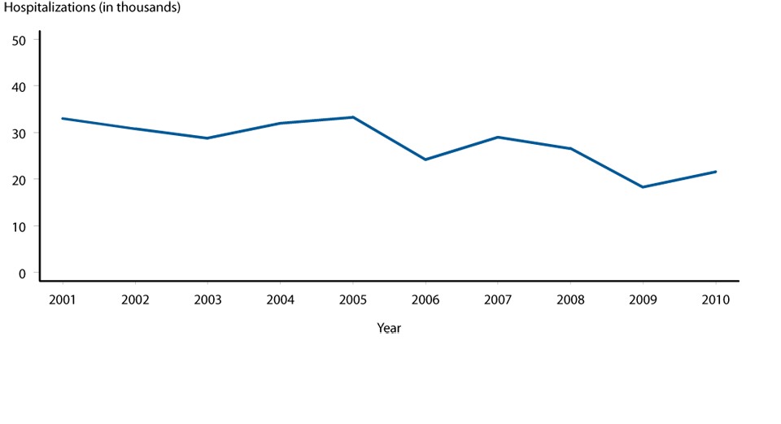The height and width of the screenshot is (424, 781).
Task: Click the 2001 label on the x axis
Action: tap(62, 299)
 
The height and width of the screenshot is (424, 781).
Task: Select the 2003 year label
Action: tap(207, 299)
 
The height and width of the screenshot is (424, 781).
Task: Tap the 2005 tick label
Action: tap(352, 299)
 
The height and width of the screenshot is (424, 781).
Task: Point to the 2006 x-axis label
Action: tap(425, 299)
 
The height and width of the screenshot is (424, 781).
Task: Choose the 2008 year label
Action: tap(570, 299)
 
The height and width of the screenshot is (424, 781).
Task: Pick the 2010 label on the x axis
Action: tap(716, 299)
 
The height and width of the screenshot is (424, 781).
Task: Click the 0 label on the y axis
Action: tap(23, 273)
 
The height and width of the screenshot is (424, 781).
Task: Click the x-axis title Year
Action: tap(389, 328)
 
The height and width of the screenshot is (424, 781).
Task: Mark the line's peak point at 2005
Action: tap(352, 117)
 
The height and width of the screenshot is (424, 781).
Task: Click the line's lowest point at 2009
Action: tap(643, 187)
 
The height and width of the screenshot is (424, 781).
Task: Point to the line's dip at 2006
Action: tap(425, 160)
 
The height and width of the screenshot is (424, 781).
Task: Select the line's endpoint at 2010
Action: tap(716, 172)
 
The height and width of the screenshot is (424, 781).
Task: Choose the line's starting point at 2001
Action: tap(62, 119)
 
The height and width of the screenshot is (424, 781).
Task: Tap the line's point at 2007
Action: tap(497, 137)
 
